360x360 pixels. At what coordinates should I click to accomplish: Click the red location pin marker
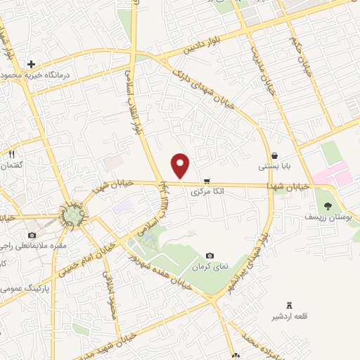coord(181,165)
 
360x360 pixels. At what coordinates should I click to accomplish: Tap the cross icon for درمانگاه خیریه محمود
coord(32,65)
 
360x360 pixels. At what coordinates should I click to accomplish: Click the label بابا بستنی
coord(273,167)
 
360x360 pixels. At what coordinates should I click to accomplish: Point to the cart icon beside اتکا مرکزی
coord(206,180)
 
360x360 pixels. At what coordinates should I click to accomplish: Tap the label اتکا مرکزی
coord(206,191)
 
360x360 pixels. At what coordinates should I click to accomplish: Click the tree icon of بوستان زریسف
coord(328,205)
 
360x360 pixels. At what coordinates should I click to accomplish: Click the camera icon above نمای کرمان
coord(210,256)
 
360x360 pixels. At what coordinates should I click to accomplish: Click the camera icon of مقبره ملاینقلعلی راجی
coord(32,235)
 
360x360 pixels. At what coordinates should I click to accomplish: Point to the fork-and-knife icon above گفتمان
coord(12,153)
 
